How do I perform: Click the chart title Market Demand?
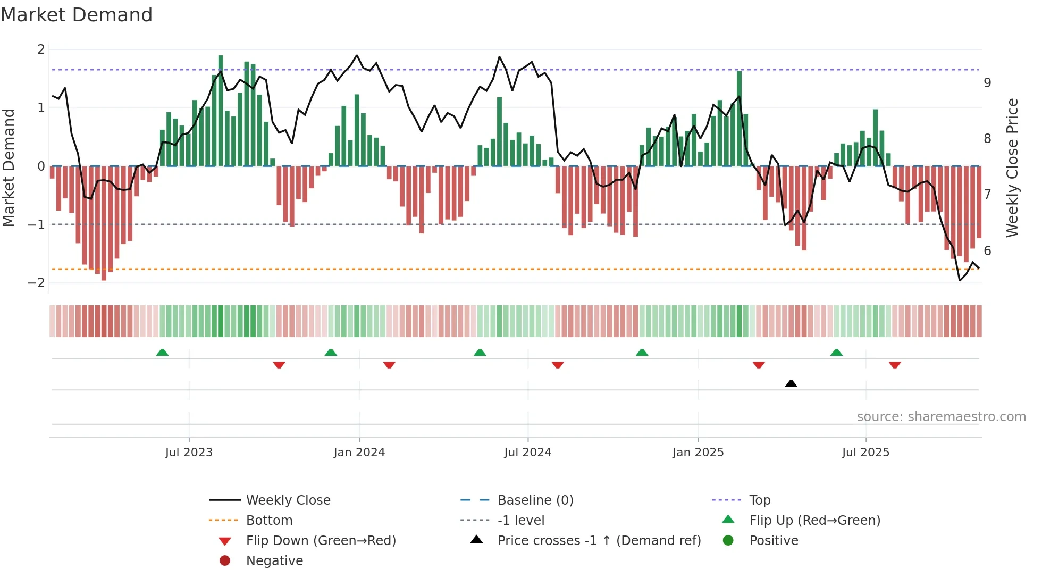tap(77, 15)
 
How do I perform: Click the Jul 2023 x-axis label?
tap(189, 453)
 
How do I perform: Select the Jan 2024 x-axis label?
tap(359, 453)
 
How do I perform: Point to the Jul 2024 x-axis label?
tap(527, 453)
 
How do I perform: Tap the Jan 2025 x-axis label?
tap(698, 453)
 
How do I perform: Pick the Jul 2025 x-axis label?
tap(865, 453)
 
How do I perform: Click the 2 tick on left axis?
tap(41, 49)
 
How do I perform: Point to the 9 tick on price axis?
tap(987, 83)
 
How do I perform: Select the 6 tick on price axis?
tap(987, 251)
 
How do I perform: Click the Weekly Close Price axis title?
tap(1012, 168)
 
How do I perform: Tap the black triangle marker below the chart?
tap(791, 383)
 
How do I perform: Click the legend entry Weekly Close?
tap(288, 500)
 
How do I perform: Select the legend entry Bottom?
tap(269, 521)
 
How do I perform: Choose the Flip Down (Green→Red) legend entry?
tap(321, 541)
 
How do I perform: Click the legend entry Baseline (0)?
tap(535, 500)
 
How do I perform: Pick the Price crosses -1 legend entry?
tap(599, 541)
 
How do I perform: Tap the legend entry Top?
tap(759, 500)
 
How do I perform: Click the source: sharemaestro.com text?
tap(941, 417)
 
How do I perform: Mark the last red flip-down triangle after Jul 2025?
tap(895, 365)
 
